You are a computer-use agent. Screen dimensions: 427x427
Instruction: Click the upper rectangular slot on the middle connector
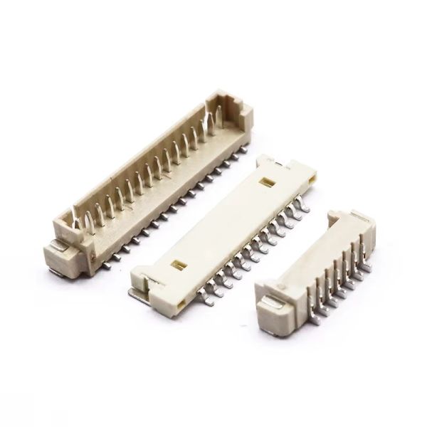pyautogui.click(x=270, y=182)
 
